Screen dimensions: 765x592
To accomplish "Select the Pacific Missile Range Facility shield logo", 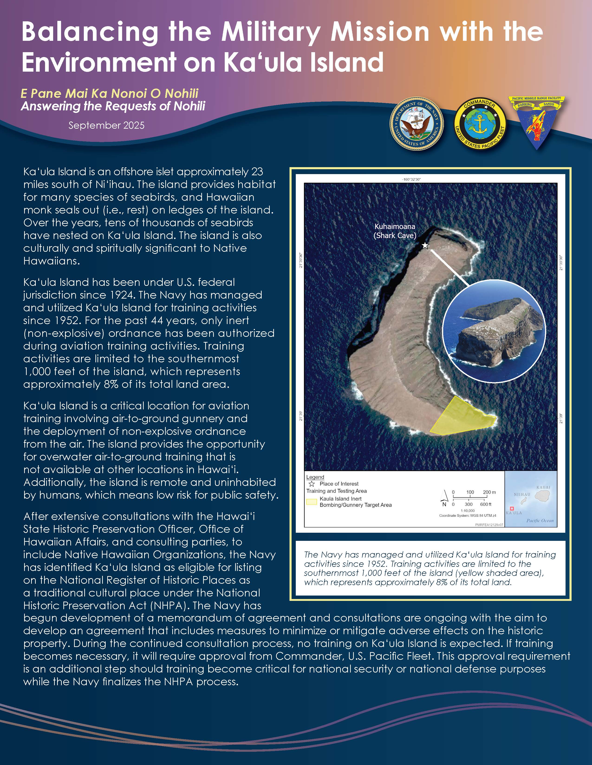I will pos(536,122).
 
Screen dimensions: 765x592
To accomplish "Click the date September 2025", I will pos(106,125).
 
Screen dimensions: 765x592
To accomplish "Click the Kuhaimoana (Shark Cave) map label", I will pos(395,231).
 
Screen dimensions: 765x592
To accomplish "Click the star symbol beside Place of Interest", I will pos(311,484).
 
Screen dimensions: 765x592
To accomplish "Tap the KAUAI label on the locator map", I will pos(543,487).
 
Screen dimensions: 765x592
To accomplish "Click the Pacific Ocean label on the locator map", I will pos(540,520).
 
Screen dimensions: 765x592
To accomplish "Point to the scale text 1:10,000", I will pos(468,511).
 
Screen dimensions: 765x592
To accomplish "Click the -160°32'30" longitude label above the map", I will pos(411,179).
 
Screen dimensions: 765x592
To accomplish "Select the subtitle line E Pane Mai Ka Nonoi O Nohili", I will pos(109,93).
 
